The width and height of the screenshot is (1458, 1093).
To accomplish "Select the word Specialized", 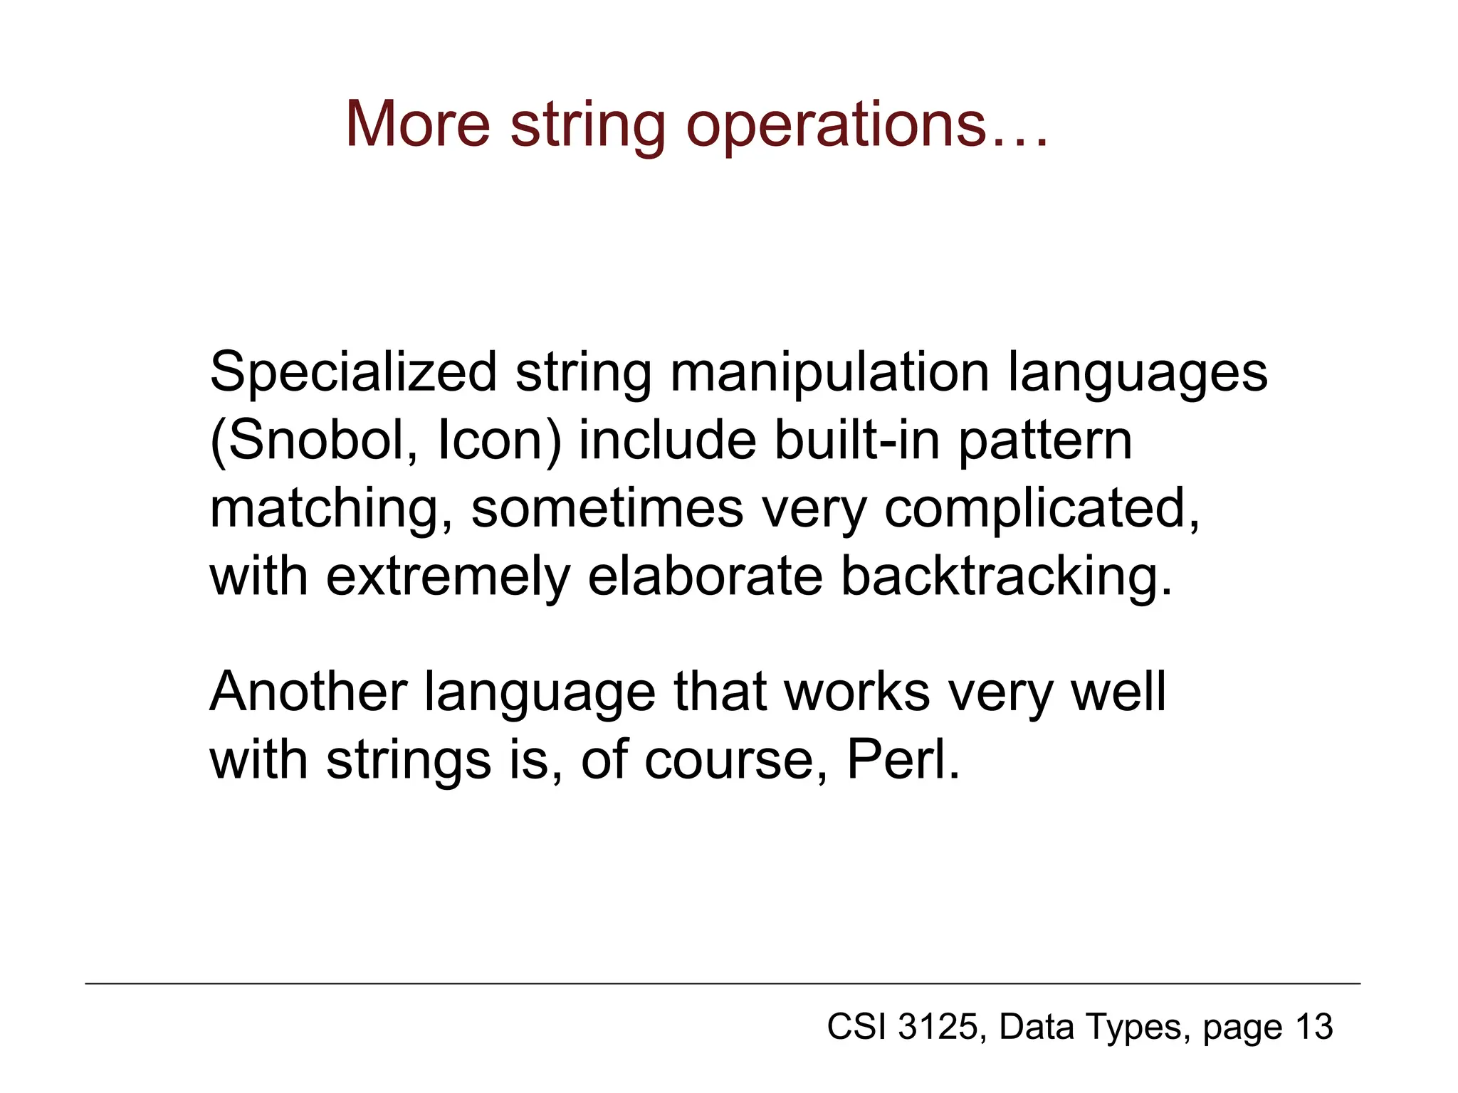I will tap(353, 373).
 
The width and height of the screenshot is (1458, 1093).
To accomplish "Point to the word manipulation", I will tap(829, 373).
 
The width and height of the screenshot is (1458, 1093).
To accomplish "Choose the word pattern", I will tap(1044, 441).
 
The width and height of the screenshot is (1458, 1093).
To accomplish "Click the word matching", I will tap(330, 509).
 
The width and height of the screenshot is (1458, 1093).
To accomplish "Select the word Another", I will tap(308, 691).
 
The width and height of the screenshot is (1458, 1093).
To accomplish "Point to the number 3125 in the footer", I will tap(938, 1027).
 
